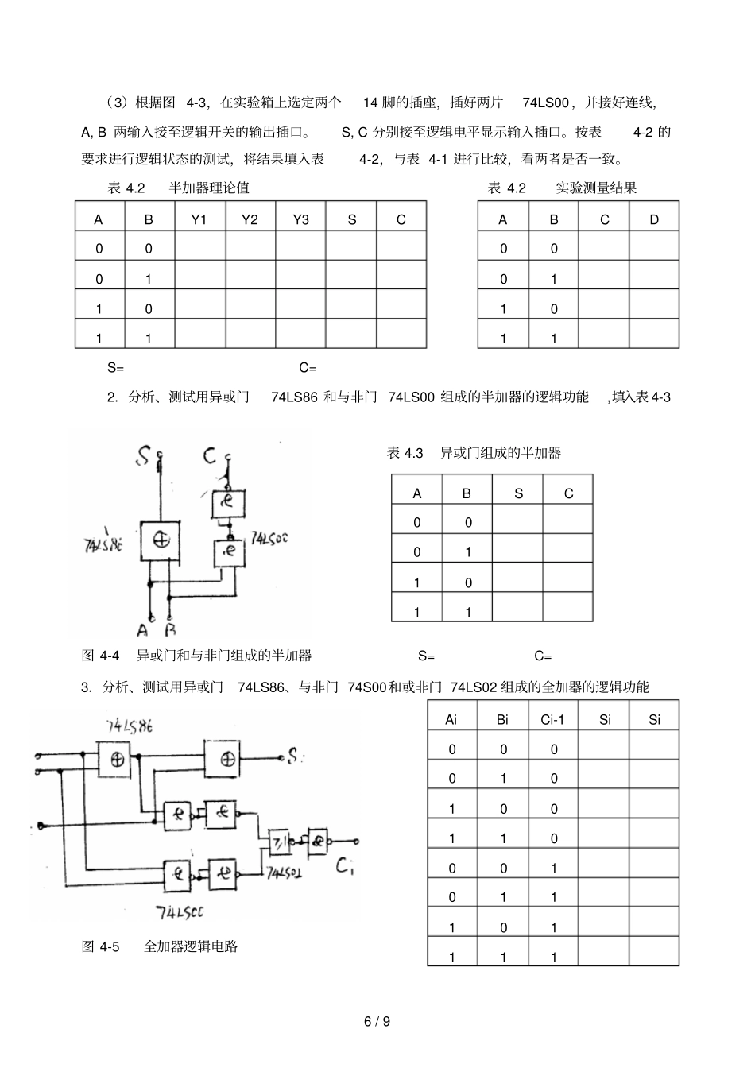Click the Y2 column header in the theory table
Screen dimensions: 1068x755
point(250,219)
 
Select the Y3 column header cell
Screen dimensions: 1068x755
point(300,219)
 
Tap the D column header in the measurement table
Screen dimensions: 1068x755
point(654,219)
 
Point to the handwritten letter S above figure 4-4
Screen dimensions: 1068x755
point(143,456)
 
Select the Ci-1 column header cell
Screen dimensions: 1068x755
point(552,720)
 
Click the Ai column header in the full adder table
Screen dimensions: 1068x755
point(451,720)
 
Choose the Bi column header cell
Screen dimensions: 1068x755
point(502,720)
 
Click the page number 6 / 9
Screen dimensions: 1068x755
point(377,1021)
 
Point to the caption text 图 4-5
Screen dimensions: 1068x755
point(100,946)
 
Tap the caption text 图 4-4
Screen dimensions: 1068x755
point(100,656)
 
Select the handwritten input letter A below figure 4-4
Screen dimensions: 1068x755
point(143,630)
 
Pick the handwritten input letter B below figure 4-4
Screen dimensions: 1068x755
point(170,630)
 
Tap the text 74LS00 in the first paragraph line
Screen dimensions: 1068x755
point(546,103)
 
